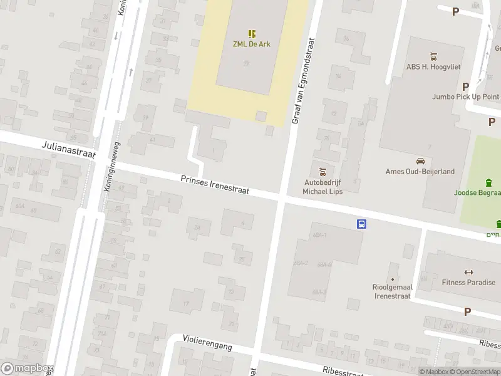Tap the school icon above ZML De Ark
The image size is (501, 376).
[252, 34]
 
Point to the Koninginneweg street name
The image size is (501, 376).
[113, 175]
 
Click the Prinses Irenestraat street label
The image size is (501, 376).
[215, 184]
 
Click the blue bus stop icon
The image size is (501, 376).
[362, 224]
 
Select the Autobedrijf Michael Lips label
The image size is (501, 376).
[323, 186]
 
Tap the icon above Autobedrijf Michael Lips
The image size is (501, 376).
[323, 171]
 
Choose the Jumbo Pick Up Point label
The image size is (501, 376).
[465, 97]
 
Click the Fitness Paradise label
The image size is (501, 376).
[467, 282]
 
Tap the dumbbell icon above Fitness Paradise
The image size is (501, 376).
[467, 271]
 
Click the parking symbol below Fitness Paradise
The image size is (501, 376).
[467, 311]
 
